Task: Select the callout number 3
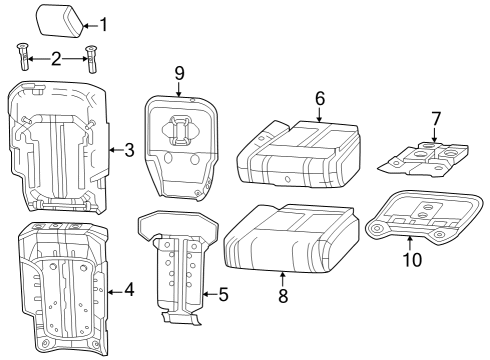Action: [x=129, y=151]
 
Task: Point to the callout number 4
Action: [x=128, y=291]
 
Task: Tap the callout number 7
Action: [x=435, y=119]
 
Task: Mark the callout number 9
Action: [x=179, y=73]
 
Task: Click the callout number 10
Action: [x=412, y=260]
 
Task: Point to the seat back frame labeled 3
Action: [x=58, y=150]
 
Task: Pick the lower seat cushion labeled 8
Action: [x=290, y=237]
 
